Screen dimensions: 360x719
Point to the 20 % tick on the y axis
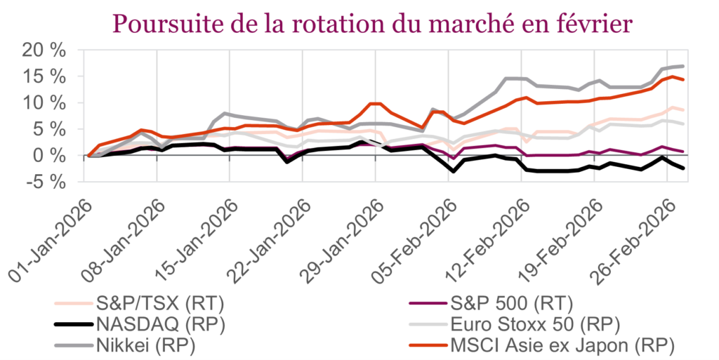[44, 50]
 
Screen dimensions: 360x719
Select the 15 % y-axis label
[44, 76]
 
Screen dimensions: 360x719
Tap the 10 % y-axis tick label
[44, 102]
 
